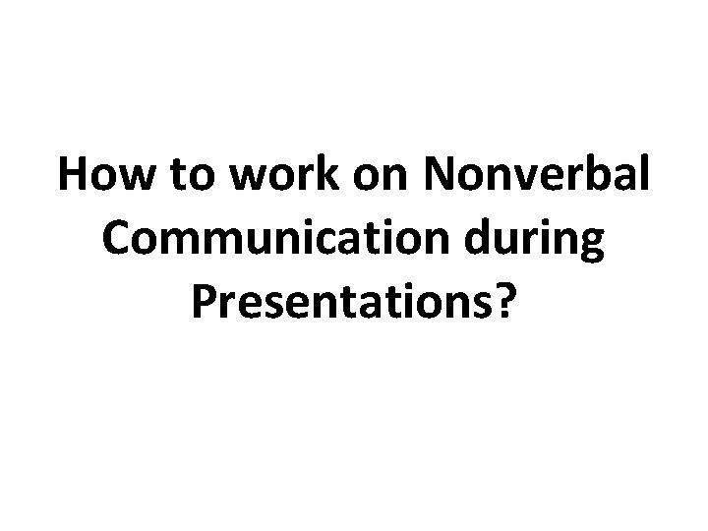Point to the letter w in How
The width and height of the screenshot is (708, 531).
[126, 180]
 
